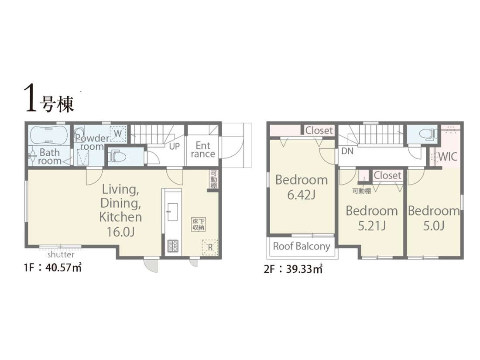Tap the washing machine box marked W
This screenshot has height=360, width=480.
[x=118, y=134]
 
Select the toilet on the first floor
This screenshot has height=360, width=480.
[x=117, y=156]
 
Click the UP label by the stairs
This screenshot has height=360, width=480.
[x=174, y=146]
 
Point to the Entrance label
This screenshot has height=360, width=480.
[x=202, y=149]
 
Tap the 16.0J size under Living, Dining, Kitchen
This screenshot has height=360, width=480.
[x=120, y=232]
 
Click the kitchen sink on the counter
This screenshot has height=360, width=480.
[x=172, y=212]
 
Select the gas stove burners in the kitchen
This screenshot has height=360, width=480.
[x=173, y=246]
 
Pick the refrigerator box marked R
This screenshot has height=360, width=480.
[x=210, y=247]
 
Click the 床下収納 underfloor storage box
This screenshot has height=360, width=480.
[x=199, y=224]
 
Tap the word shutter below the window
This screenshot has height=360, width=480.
[x=61, y=255]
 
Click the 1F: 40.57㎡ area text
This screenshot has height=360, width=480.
[x=53, y=268]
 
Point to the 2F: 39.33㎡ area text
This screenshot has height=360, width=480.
[x=293, y=269]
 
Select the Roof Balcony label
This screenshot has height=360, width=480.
[x=302, y=246]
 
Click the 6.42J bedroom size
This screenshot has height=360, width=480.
[x=301, y=195]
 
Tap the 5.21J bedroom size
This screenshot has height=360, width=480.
[x=372, y=226]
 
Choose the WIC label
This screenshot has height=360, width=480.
[x=448, y=157]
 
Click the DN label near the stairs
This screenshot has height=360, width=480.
[x=347, y=151]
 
